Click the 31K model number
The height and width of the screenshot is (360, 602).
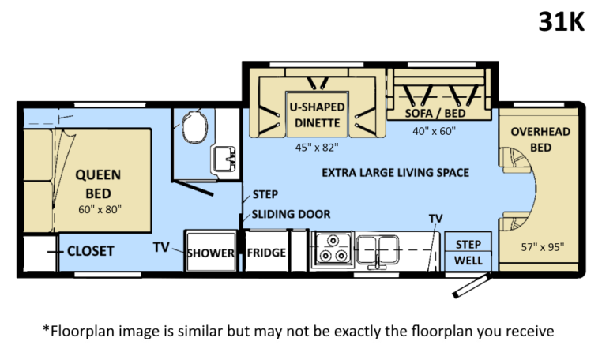pos(561,22)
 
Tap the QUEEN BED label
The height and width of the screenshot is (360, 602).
pos(98,184)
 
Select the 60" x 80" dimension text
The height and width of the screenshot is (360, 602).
pos(100,209)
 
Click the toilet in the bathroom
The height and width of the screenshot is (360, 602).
pos(194,127)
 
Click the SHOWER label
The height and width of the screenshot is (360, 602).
pos(210,253)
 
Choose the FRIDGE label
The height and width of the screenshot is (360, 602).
pos(266,253)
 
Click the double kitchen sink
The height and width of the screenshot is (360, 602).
pos(378,250)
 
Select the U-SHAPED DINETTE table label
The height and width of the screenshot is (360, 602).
pos(317,114)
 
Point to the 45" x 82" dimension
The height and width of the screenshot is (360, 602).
pos(317,148)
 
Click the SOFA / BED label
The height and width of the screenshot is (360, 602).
pos(435,113)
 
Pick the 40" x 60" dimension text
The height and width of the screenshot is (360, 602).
pos(434,131)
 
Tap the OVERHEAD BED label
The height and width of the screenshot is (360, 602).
pos(540,139)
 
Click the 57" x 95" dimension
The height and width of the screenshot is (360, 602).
pos(543,247)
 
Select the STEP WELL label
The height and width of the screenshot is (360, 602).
pos(468,252)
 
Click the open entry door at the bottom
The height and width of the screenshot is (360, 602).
pos(472,285)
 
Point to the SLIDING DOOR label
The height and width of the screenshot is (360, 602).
pos(291,214)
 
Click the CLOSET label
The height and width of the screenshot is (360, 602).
pos(90,251)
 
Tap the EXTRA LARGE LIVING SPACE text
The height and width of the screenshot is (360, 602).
pos(396,173)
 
